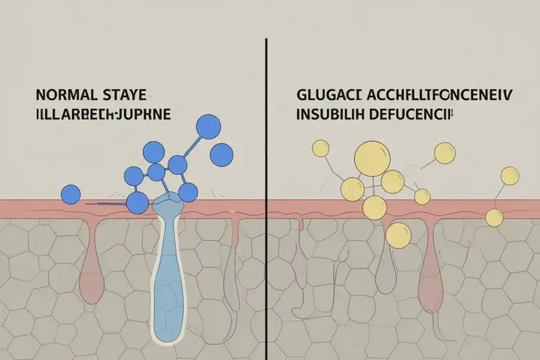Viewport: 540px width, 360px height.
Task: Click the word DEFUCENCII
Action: tap(418, 114)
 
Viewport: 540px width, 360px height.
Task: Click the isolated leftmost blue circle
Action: tap(71, 194)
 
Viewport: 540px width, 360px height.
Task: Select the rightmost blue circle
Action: tap(222, 153)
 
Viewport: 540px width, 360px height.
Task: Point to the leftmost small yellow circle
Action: tap(319, 148)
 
